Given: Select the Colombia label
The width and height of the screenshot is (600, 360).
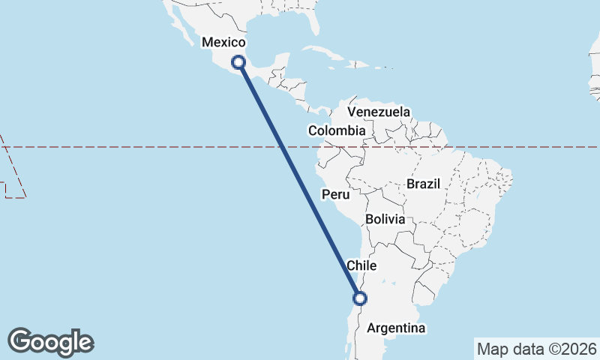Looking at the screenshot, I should (x=337, y=130).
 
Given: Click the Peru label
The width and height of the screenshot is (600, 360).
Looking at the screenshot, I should (x=336, y=195).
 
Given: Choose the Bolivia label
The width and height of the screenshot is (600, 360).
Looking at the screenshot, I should (x=385, y=220).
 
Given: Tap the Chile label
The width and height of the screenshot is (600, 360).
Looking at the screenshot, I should (x=361, y=265).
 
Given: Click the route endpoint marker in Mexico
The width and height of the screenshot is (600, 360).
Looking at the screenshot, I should (x=238, y=62).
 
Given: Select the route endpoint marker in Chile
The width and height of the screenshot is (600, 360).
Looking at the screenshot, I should (x=360, y=298).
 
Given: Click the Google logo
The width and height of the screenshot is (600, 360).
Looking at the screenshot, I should (x=50, y=342).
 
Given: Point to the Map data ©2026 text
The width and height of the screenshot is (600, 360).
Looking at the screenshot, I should (x=537, y=349).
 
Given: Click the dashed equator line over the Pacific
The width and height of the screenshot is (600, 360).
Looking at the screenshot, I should (x=150, y=147).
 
